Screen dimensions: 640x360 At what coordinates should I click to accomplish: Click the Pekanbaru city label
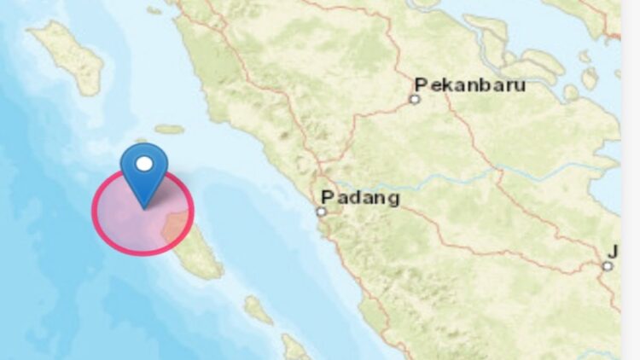(470, 85)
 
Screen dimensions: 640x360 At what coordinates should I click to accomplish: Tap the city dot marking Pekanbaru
(415, 99)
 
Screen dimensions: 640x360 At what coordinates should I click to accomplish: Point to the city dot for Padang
(323, 212)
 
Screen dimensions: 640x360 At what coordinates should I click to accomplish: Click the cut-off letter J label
(612, 251)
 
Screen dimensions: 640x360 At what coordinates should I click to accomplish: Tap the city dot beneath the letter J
(607, 266)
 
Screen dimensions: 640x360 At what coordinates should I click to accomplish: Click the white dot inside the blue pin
(144, 163)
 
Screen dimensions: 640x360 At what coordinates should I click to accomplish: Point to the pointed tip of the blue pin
(143, 206)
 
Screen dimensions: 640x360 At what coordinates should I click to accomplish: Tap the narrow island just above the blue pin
(169, 130)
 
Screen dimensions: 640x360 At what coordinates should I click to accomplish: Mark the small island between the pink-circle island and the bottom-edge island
(258, 310)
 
